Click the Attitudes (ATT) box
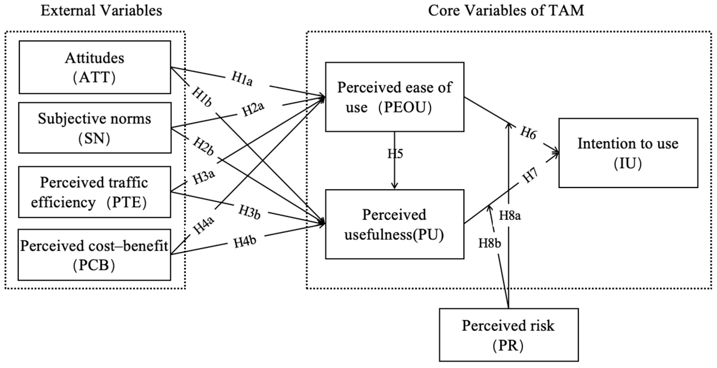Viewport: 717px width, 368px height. tap(95, 67)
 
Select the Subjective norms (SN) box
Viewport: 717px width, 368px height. tap(95, 128)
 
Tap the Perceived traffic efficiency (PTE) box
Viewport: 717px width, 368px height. tap(95, 192)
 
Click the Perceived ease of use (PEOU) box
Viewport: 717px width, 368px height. tap(394, 97)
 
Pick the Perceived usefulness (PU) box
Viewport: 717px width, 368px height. tap(394, 224)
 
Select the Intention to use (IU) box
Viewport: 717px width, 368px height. tap(628, 153)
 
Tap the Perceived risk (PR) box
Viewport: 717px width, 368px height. tap(508, 335)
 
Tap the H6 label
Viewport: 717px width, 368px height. tap(528, 133)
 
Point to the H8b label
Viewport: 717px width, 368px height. tap(490, 243)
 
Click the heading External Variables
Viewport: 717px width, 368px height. tap(101, 11)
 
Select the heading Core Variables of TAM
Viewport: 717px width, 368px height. tap(506, 11)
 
